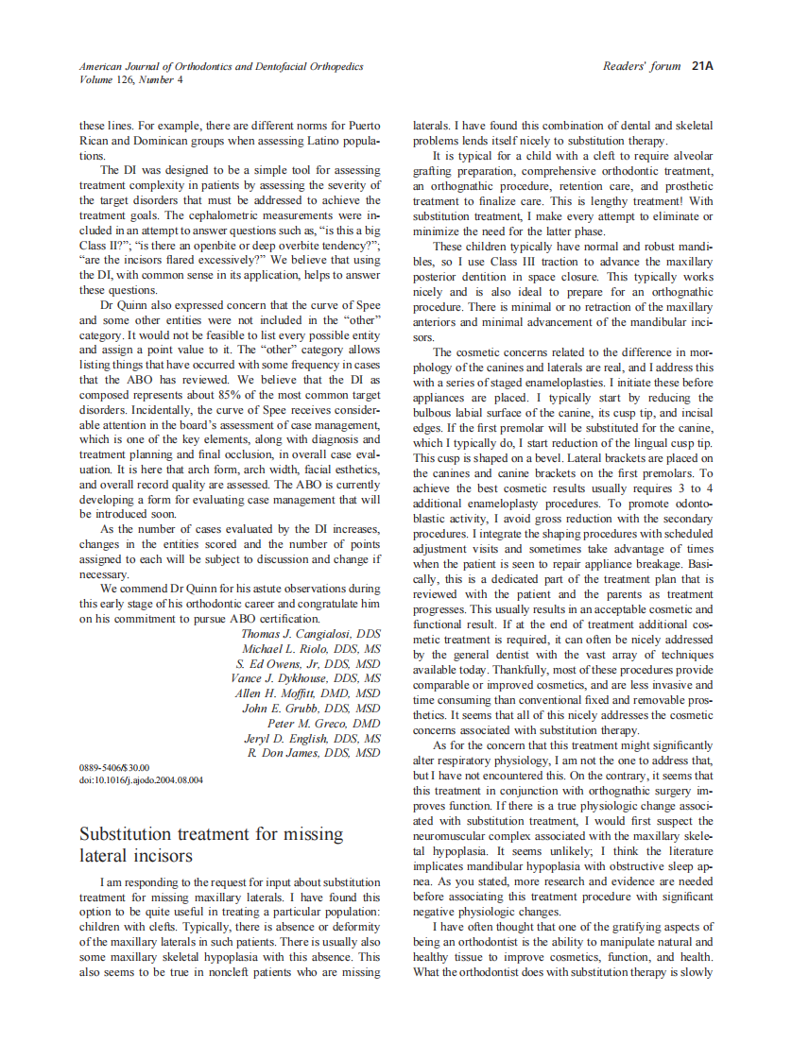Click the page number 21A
pos(701,66)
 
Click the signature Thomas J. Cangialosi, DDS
pos(311,634)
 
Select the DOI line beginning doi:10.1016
pos(141,780)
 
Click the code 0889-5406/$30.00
pos(114,768)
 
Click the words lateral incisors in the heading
pos(136,856)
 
